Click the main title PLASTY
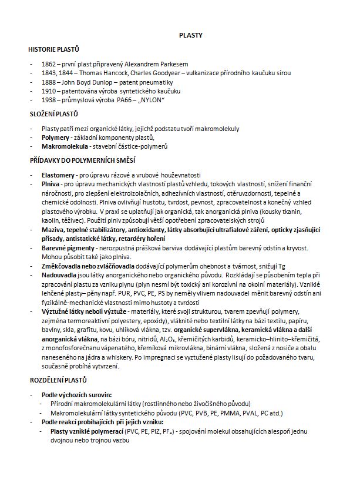click(191, 35)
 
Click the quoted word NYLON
click(150, 101)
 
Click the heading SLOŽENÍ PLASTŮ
click(53, 113)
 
